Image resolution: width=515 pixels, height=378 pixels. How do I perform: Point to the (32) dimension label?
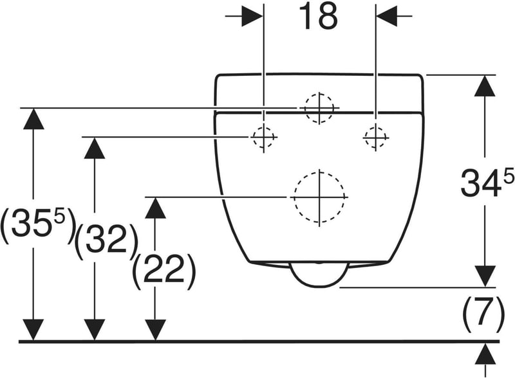point(106,242)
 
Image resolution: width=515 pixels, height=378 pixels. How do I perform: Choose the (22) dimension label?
point(164,271)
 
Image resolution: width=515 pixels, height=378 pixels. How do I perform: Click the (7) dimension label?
point(483,314)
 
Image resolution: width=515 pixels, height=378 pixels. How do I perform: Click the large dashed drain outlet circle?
point(319,197)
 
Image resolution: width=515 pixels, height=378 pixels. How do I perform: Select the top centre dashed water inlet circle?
point(319,108)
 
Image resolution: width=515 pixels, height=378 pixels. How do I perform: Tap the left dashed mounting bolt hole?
point(263,137)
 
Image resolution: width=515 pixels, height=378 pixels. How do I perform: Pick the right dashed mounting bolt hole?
point(375,138)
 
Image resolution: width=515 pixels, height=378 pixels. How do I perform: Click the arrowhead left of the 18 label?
point(252,15)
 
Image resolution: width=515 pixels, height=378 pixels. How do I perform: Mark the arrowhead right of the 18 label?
point(387,15)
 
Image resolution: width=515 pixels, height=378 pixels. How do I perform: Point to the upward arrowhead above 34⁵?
point(485,85)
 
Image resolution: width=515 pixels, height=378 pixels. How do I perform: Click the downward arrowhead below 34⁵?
point(485,276)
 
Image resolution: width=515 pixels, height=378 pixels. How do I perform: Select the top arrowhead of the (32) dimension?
point(95,148)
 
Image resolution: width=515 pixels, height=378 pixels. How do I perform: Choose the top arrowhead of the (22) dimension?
point(155,208)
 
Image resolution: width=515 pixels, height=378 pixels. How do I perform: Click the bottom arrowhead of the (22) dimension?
point(155,330)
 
